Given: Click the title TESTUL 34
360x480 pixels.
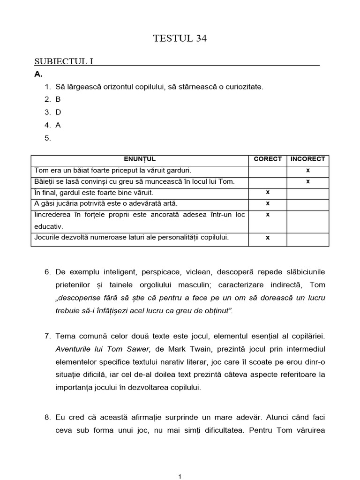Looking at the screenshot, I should (x=180, y=39).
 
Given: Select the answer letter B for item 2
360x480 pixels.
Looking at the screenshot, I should (x=58, y=99).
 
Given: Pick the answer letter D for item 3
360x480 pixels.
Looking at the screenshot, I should (x=59, y=112).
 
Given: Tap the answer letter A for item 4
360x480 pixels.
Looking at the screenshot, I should (x=58, y=125).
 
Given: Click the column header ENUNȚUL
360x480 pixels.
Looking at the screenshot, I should (x=140, y=159).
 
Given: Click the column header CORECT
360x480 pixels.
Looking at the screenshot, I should (x=268, y=159).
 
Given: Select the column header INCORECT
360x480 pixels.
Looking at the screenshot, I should (x=308, y=159).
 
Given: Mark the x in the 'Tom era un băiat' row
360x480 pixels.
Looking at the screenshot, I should (x=308, y=170).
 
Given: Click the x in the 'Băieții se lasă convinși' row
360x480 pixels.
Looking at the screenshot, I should (x=308, y=181).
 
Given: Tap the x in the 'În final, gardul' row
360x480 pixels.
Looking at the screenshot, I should (x=268, y=192).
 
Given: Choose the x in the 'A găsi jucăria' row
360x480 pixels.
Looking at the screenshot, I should (x=268, y=203).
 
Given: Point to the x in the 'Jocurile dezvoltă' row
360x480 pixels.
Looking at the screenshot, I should (x=268, y=238).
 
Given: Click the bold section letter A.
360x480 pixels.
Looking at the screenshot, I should (x=38, y=74).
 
